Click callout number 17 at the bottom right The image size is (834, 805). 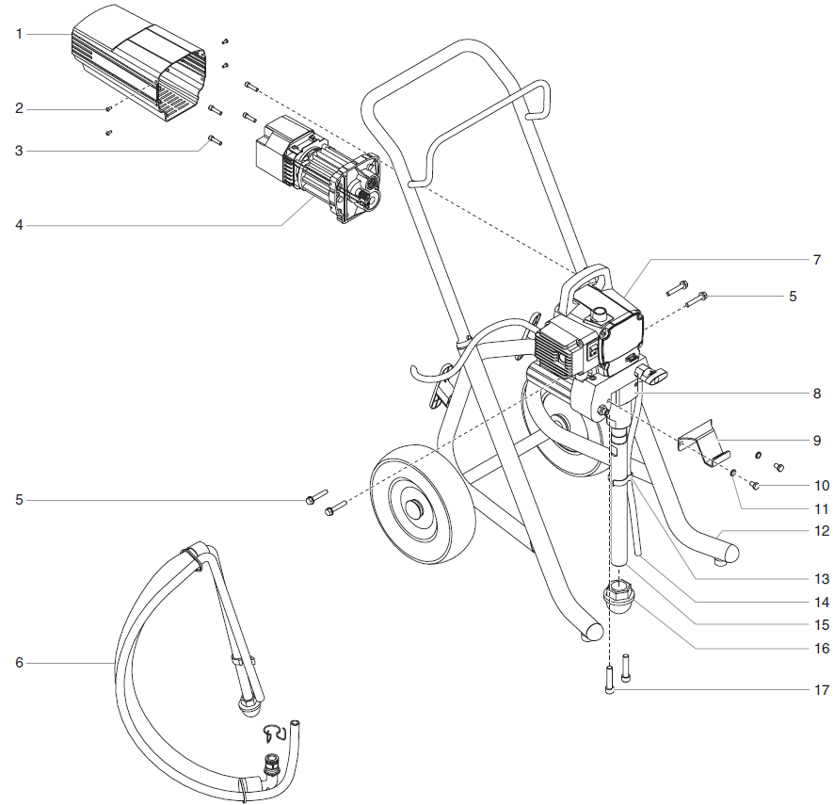tap(822, 690)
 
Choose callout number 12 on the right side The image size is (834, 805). tap(822, 531)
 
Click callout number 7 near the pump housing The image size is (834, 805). tap(817, 258)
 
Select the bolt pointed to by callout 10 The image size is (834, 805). tap(754, 485)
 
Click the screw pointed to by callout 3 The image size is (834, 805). tap(213, 140)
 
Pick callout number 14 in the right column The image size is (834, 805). tap(822, 602)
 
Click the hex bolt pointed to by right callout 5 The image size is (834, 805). tap(701, 298)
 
